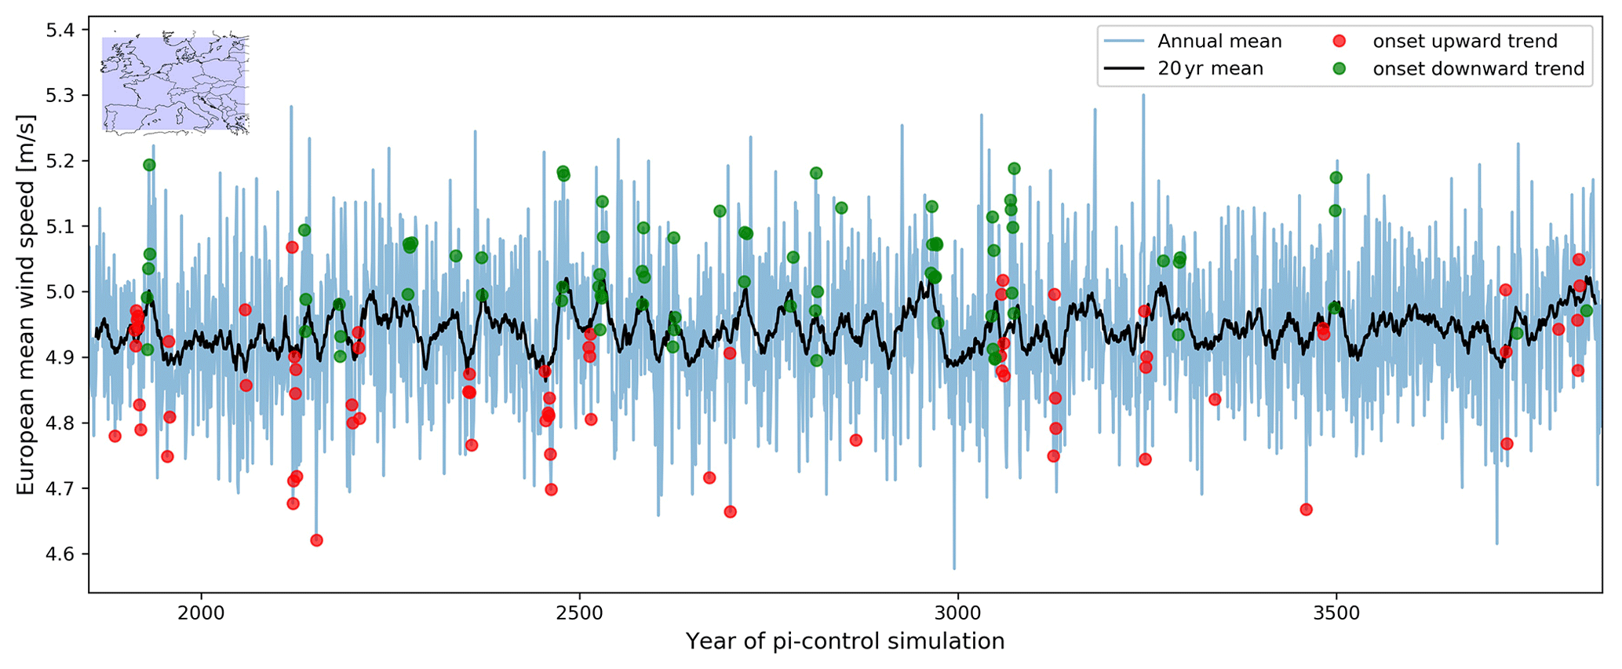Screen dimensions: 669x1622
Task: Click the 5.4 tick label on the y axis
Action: (x=62, y=30)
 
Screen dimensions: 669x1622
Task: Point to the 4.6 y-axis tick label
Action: (x=62, y=554)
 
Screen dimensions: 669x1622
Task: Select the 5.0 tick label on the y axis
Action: (x=62, y=292)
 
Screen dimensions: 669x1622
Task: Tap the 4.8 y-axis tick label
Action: (x=62, y=423)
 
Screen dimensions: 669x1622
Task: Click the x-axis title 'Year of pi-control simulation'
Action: (x=845, y=642)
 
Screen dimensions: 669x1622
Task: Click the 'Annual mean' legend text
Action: (x=1219, y=42)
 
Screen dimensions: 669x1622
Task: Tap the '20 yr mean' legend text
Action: (x=1210, y=69)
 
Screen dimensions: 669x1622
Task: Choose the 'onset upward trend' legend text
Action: (x=1465, y=42)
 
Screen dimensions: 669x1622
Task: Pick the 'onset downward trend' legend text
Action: (x=1478, y=69)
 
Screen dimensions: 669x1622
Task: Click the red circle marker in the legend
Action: (x=1339, y=41)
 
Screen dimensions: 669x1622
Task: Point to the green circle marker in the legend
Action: (x=1339, y=68)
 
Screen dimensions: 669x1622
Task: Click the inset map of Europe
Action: (x=175, y=83)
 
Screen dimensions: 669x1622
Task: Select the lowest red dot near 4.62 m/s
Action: (x=316, y=540)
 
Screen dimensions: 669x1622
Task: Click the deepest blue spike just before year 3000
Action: (x=954, y=568)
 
